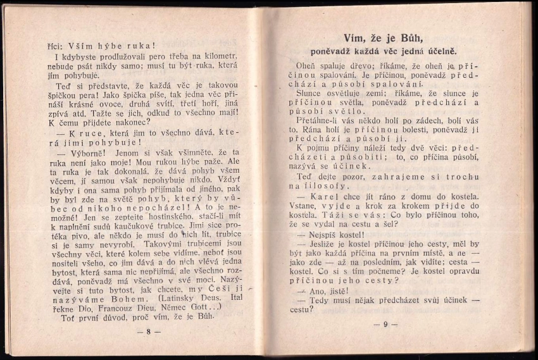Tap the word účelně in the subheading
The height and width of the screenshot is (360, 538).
pyautogui.click(x=439, y=51)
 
